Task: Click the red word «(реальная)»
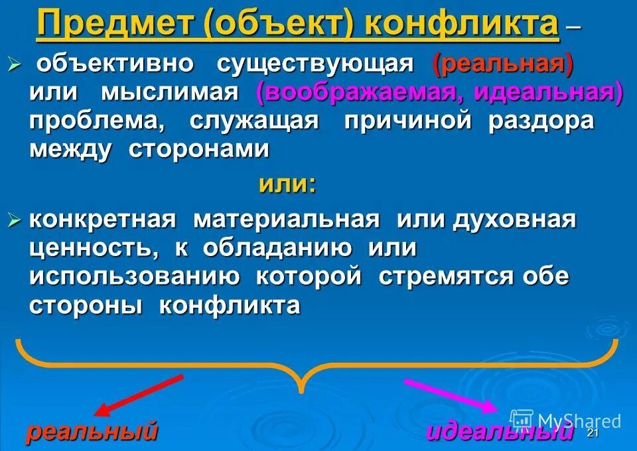pyautogui.click(x=502, y=64)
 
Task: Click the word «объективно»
pyautogui.click(x=114, y=64)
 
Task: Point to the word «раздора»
pyautogui.click(x=541, y=121)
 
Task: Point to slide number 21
pyautogui.click(x=593, y=433)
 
